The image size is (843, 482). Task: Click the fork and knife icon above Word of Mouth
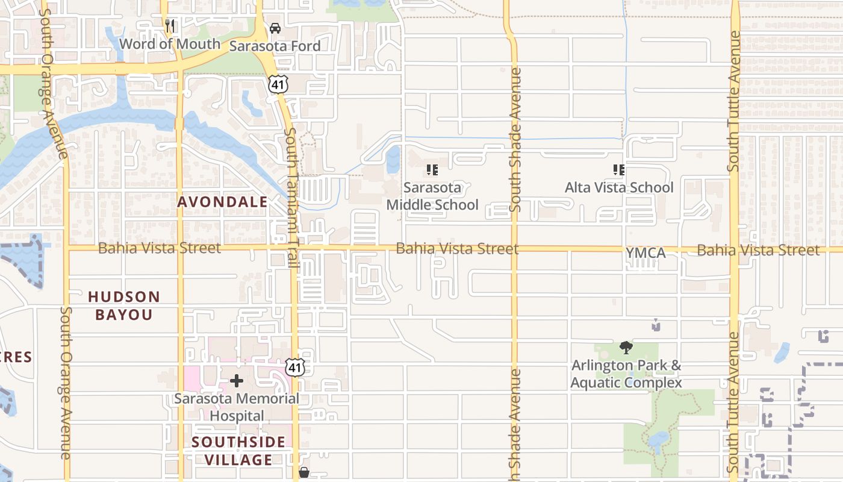click(170, 26)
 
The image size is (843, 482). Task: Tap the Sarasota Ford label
click(275, 46)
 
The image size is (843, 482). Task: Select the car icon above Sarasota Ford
click(275, 28)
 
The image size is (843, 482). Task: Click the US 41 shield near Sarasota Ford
click(278, 85)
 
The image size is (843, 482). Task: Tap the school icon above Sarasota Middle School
click(432, 170)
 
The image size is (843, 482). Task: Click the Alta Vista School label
click(619, 187)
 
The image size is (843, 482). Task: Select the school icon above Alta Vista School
click(618, 170)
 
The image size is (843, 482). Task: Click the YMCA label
click(645, 253)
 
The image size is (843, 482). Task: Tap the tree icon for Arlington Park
click(626, 347)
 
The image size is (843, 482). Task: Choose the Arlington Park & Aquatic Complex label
click(626, 374)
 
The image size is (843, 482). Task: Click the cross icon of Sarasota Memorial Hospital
click(237, 381)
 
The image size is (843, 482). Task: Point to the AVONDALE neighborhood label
click(222, 202)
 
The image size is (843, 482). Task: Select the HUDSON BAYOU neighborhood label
click(124, 305)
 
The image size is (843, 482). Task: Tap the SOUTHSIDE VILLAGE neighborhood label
click(238, 451)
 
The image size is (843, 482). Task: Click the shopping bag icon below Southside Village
click(304, 472)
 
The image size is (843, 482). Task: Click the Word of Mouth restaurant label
click(170, 44)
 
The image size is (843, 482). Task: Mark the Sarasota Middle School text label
click(432, 196)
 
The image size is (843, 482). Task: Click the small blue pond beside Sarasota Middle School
click(393, 160)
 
